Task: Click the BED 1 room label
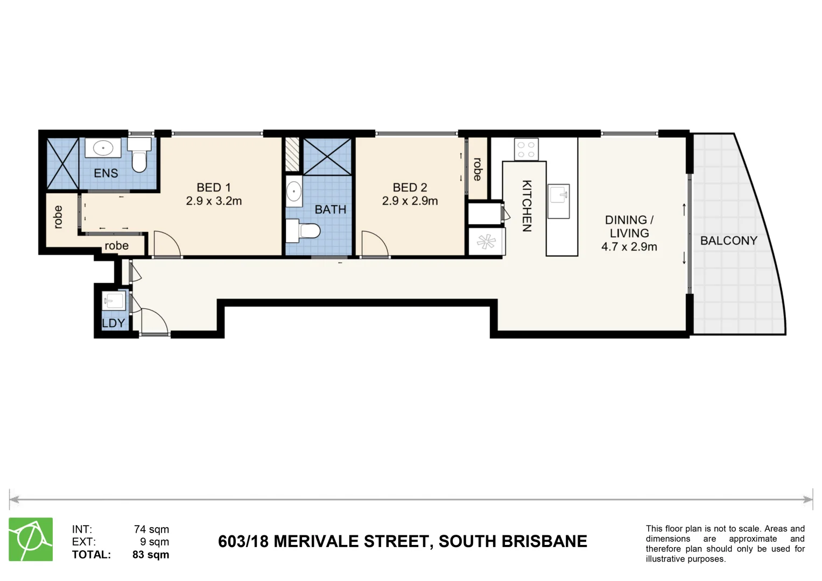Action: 214,188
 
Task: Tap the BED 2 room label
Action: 410,188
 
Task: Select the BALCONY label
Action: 728,241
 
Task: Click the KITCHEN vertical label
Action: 526,206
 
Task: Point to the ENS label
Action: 106,173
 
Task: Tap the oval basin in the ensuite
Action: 102,148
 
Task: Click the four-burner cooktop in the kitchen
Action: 526,149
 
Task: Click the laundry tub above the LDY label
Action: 114,300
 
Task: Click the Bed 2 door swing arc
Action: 375,244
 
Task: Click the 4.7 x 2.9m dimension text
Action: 629,247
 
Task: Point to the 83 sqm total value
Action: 151,555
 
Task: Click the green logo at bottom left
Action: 31,539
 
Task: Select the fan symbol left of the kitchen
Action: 486,242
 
